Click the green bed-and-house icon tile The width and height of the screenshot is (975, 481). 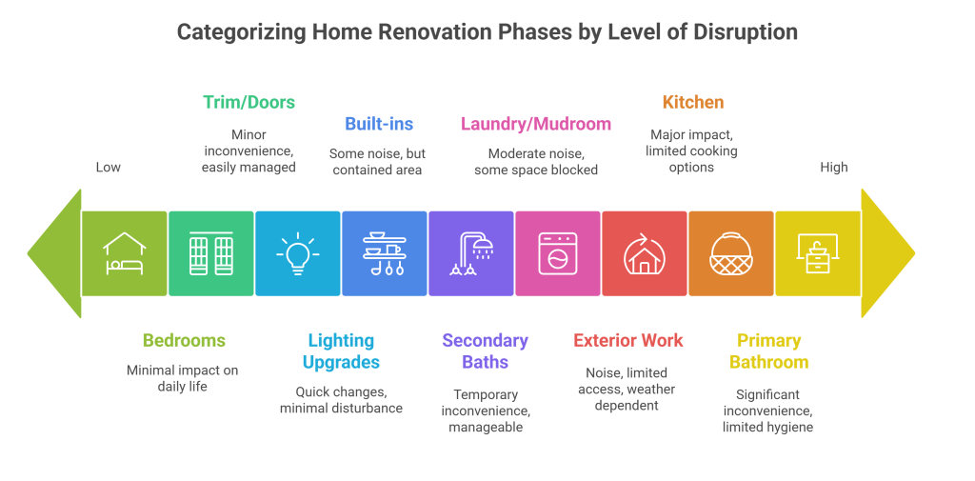pyautogui.click(x=124, y=253)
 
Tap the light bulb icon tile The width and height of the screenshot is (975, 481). pyautogui.click(x=297, y=253)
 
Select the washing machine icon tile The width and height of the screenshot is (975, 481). pyautogui.click(x=557, y=253)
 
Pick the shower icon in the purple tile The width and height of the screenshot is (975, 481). pyautogui.click(x=471, y=253)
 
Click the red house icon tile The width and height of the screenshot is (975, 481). pyautogui.click(x=644, y=253)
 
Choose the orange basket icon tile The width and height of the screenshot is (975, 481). pyautogui.click(x=730, y=253)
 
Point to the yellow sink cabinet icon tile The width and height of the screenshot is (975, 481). pyautogui.click(x=817, y=253)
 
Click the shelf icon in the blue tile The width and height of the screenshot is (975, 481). pyautogui.click(x=384, y=253)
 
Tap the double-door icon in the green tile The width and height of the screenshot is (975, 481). pyautogui.click(x=210, y=253)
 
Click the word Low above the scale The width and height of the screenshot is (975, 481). pyautogui.click(x=109, y=168)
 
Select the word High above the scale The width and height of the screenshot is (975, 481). pyautogui.click(x=834, y=168)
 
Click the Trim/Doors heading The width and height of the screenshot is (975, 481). pyautogui.click(x=249, y=102)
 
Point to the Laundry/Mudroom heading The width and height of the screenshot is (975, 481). pyautogui.click(x=535, y=124)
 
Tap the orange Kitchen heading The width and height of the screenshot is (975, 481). pyautogui.click(x=692, y=102)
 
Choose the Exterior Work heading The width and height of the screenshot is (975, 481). pyautogui.click(x=627, y=340)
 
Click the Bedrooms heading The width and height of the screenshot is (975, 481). pyautogui.click(x=184, y=340)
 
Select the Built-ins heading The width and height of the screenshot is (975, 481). pyautogui.click(x=378, y=124)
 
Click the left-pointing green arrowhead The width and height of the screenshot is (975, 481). pyautogui.click(x=53, y=253)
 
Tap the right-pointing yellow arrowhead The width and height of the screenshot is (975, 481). pyautogui.click(x=887, y=253)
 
